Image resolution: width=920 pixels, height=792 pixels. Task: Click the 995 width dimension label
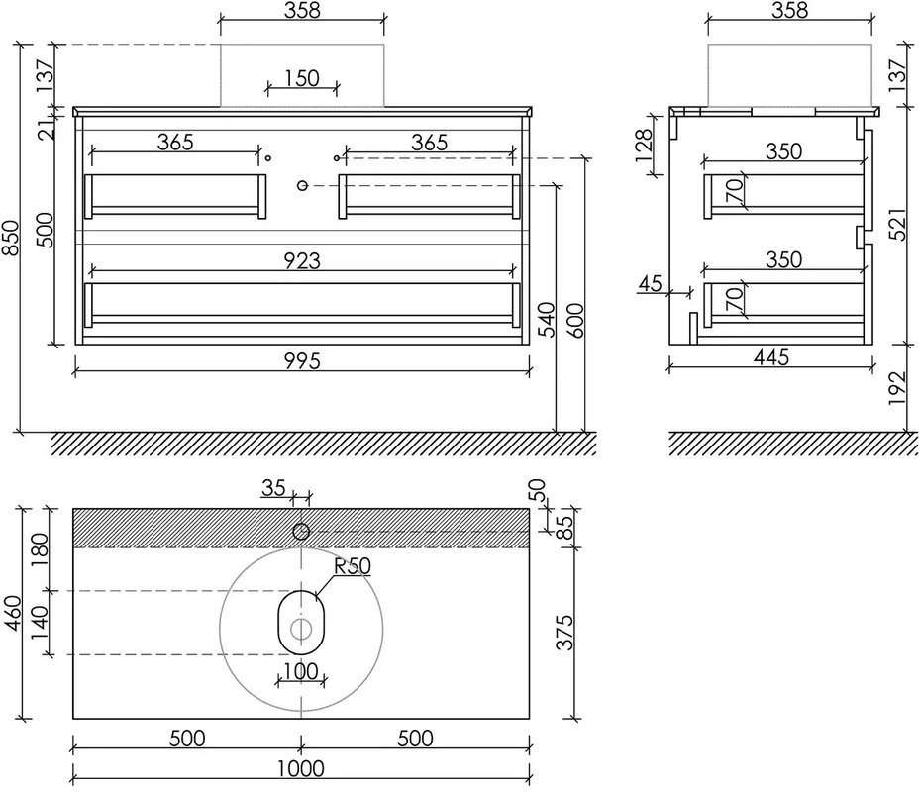point(303,360)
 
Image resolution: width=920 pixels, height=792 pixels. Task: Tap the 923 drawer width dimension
point(303,261)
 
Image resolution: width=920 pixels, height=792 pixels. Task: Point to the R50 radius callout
point(353,566)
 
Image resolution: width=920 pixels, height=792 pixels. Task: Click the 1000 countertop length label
point(300,768)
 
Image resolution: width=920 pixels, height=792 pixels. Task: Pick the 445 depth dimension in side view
point(771,356)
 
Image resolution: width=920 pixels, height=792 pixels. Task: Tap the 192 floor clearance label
point(897,388)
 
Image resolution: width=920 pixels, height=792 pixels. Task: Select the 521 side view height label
point(897,224)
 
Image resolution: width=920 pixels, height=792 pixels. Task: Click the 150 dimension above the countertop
point(302,78)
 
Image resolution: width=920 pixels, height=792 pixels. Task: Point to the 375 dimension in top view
point(564,632)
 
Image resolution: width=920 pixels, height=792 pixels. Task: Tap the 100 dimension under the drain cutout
point(300,671)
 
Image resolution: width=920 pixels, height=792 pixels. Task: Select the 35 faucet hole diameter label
point(273,487)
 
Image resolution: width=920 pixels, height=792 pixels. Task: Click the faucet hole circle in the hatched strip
point(301,532)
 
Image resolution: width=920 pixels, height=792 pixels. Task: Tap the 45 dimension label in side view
point(650,283)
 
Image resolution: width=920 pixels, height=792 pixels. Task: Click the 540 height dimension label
point(546,320)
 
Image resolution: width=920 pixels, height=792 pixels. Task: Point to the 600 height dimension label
point(575,321)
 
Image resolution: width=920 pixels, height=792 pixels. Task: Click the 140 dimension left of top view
point(39,623)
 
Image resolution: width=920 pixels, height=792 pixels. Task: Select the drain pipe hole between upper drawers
point(302,185)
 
